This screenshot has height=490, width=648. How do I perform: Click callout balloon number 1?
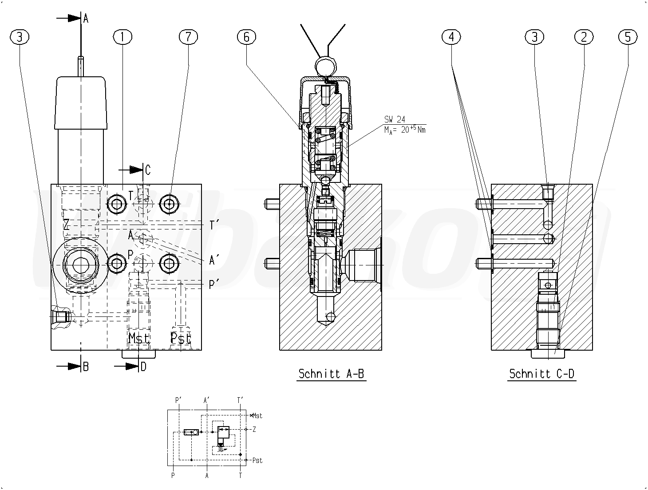tap(122, 37)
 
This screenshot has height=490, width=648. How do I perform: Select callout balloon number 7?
tap(188, 37)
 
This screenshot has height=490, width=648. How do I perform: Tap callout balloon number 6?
tap(246, 37)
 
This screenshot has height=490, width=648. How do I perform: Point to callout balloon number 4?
tap(451, 37)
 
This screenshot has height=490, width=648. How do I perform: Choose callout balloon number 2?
tap(584, 37)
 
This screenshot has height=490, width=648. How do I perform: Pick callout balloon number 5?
tap(627, 37)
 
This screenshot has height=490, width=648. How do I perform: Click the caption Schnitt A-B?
tap(331, 374)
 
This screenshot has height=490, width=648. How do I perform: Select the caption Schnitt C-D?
tap(541, 374)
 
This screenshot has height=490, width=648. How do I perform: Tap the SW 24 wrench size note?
tap(395, 119)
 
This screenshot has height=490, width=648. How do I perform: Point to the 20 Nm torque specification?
tap(405, 130)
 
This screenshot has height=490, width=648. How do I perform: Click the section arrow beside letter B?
tap(68, 366)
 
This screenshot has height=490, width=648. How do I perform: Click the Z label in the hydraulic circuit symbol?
tap(254, 429)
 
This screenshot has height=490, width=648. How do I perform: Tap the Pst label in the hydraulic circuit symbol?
tap(257, 460)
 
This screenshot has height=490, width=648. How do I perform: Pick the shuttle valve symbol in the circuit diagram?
tap(191, 432)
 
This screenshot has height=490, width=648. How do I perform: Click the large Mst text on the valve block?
tap(138, 338)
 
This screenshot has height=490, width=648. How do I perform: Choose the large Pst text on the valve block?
tap(181, 338)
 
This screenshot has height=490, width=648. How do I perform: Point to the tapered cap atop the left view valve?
tap(81, 103)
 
